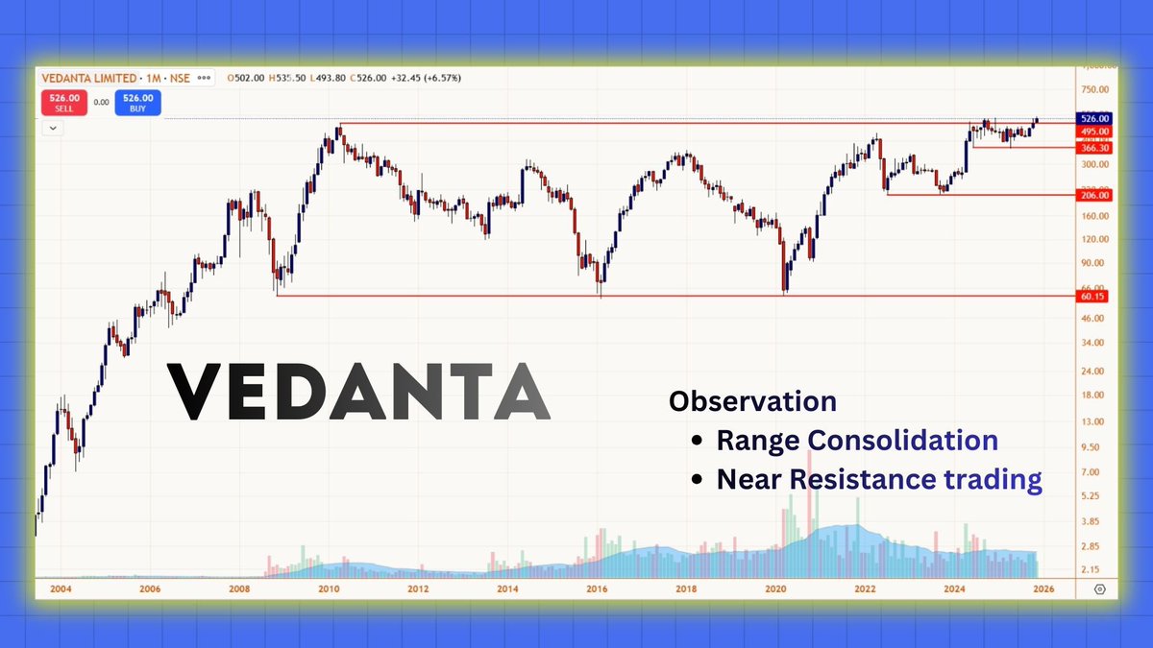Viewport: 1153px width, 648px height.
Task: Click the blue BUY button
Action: [138, 102]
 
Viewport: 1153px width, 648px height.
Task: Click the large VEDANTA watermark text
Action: [359, 392]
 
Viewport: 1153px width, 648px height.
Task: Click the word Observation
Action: [752, 401]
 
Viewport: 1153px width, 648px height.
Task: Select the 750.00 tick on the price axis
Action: [1095, 89]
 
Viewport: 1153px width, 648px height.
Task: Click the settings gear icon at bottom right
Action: [1100, 589]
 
